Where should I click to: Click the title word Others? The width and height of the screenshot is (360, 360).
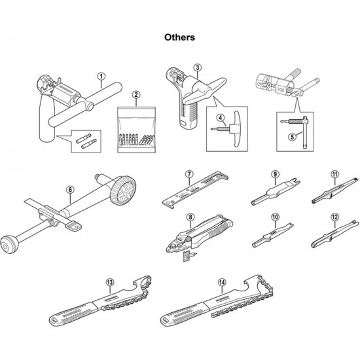point(179,37)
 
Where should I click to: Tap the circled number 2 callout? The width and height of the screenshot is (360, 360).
point(135,95)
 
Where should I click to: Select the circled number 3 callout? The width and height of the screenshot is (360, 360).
point(197,67)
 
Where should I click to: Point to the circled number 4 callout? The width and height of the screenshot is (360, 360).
point(221,120)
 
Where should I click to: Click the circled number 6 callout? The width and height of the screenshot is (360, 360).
point(69,190)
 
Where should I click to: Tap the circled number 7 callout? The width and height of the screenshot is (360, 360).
point(188,174)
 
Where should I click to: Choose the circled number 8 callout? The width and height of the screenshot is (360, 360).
point(190,217)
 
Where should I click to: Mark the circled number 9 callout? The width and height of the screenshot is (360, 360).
point(275,174)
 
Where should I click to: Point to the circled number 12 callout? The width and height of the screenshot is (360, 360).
point(334,217)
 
